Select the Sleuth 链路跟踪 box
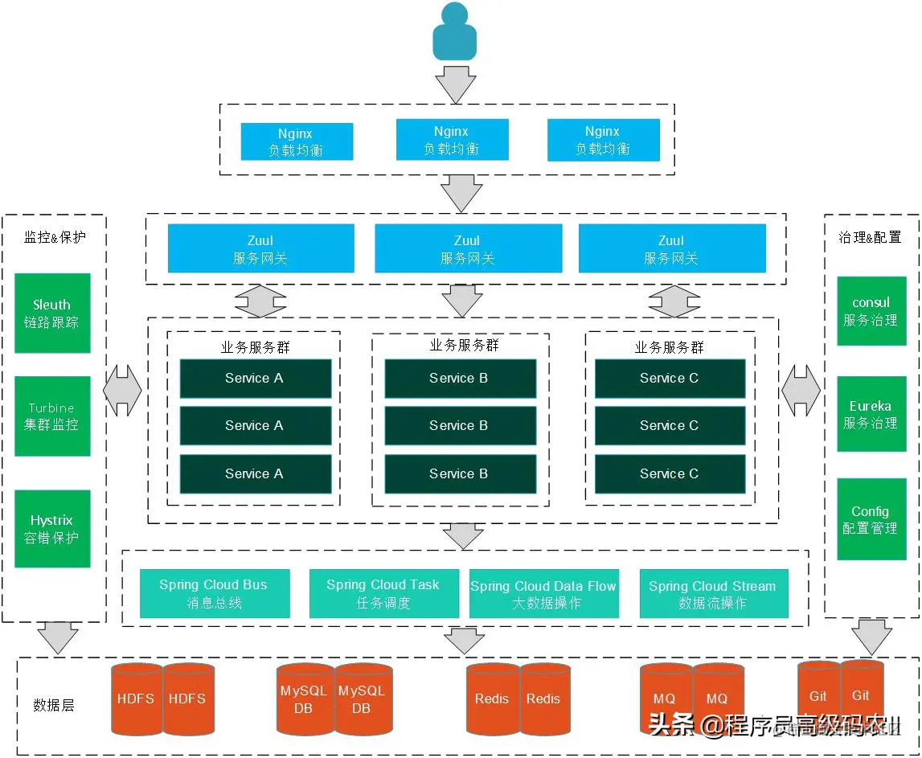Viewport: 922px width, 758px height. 52,313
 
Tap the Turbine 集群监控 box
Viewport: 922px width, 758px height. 52,416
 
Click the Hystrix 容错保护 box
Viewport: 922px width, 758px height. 52,529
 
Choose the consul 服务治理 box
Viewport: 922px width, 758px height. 871,311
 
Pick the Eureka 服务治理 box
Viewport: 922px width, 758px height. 871,414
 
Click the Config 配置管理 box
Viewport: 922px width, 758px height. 871,519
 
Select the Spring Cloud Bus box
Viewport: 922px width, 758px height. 215,594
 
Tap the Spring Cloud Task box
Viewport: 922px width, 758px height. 383,594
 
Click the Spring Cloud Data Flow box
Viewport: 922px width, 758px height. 544,594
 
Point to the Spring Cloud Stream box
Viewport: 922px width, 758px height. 714,594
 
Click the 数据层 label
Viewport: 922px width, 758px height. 54,705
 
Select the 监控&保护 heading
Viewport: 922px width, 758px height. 55,237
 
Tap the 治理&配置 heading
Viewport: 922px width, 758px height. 870,237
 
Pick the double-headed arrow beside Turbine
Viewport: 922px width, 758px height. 123,391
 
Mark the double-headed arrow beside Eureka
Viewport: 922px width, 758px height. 801,391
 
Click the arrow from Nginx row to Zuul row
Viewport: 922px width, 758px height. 461,194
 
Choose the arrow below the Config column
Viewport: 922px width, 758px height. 872,637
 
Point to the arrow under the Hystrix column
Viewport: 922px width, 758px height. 58,637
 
